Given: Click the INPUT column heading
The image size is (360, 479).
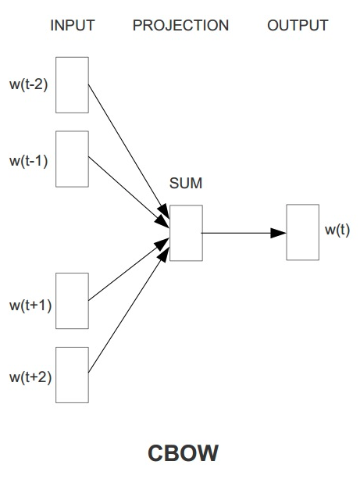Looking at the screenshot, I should click(72, 26).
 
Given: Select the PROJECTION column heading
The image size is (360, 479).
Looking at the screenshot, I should click(180, 26).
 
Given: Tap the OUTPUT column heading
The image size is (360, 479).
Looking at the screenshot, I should click(298, 26).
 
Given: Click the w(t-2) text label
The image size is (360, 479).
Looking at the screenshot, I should click(29, 84).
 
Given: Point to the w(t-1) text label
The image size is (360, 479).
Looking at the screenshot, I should click(29, 160).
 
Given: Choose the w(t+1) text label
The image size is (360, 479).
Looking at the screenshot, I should click(30, 304).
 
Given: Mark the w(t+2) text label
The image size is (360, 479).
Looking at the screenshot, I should click(30, 377).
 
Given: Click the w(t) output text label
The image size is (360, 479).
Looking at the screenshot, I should click(337, 231).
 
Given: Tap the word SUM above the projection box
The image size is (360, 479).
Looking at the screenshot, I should click(186, 184).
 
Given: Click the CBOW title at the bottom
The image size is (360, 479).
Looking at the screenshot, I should click(184, 453).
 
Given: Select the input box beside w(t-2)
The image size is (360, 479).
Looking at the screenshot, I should click(73, 84).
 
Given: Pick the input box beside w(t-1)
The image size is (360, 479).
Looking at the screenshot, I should click(73, 159).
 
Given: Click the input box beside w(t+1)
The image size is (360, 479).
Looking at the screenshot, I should click(73, 301).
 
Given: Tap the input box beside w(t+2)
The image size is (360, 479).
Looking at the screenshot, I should click(73, 374).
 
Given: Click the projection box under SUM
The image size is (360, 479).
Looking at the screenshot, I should click(186, 233).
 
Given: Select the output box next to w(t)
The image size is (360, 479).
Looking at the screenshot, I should click(302, 232).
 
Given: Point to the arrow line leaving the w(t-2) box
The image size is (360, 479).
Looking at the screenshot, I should click(125, 145).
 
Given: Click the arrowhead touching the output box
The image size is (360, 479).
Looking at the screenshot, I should click(279, 233).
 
